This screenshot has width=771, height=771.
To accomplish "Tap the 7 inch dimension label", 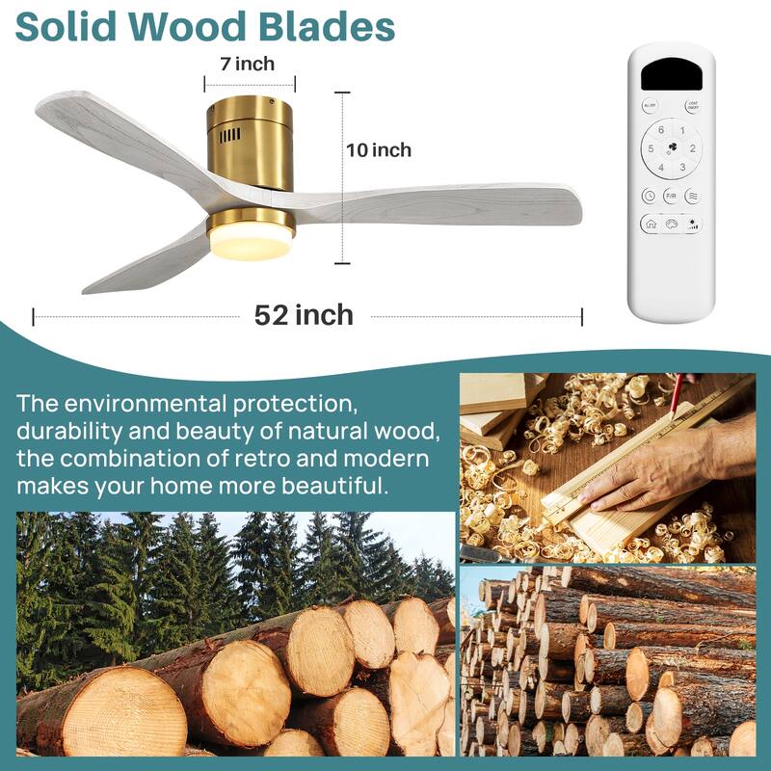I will [248, 65].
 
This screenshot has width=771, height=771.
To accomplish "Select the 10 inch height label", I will [379, 150].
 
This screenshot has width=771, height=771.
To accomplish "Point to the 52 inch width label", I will [304, 315].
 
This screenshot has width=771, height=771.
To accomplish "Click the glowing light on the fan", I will [250, 243].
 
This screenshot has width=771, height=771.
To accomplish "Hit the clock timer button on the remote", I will [649, 196].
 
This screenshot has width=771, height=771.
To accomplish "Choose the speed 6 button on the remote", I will [661, 130].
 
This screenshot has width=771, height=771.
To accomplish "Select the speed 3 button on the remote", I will [681, 168].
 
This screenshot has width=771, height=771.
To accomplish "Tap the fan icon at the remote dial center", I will [672, 148].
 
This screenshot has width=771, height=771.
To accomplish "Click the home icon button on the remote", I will [651, 224].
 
